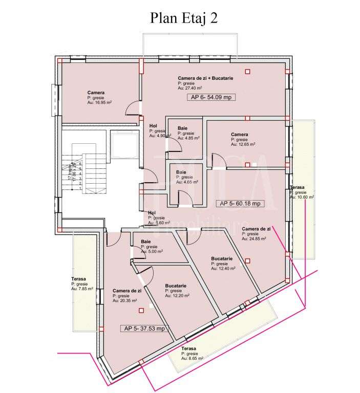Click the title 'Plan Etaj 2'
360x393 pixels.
pyautogui.click(x=184, y=18)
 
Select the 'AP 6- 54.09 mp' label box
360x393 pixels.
pyautogui.click(x=211, y=97)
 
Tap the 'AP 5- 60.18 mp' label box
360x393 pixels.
pyautogui.click(x=240, y=203)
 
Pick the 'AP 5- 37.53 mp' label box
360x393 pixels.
pyautogui.click(x=144, y=329)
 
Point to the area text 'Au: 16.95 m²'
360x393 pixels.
pyautogui.click(x=99, y=102)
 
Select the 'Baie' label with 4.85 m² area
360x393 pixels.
pyautogui.click(x=182, y=128)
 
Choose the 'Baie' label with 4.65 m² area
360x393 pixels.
pyautogui.click(x=181, y=172)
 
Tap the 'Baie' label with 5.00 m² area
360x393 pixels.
pyautogui.click(x=146, y=242)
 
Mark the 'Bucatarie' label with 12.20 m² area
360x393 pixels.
pyautogui.click(x=176, y=286)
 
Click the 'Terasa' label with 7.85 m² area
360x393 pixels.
pyautogui.click(x=78, y=279)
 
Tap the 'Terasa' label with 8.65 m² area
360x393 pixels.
pyautogui.click(x=189, y=348)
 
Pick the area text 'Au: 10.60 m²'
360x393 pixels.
pyautogui.click(x=302, y=196)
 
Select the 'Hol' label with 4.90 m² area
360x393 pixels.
pyautogui.click(x=153, y=125)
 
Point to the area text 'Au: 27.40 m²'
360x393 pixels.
pyautogui.click(x=190, y=88)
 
